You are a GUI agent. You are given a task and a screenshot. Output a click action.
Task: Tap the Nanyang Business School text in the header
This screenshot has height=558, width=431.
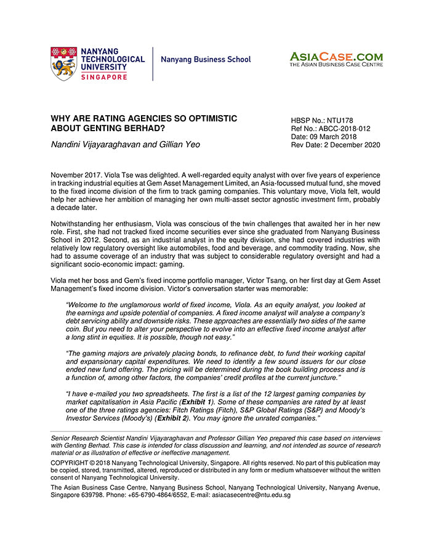coord(206,60)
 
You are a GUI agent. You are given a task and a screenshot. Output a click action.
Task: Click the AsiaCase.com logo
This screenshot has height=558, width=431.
coord(336,59)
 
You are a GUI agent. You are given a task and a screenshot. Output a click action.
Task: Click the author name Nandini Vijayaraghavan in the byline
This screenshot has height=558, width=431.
coord(98,145)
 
